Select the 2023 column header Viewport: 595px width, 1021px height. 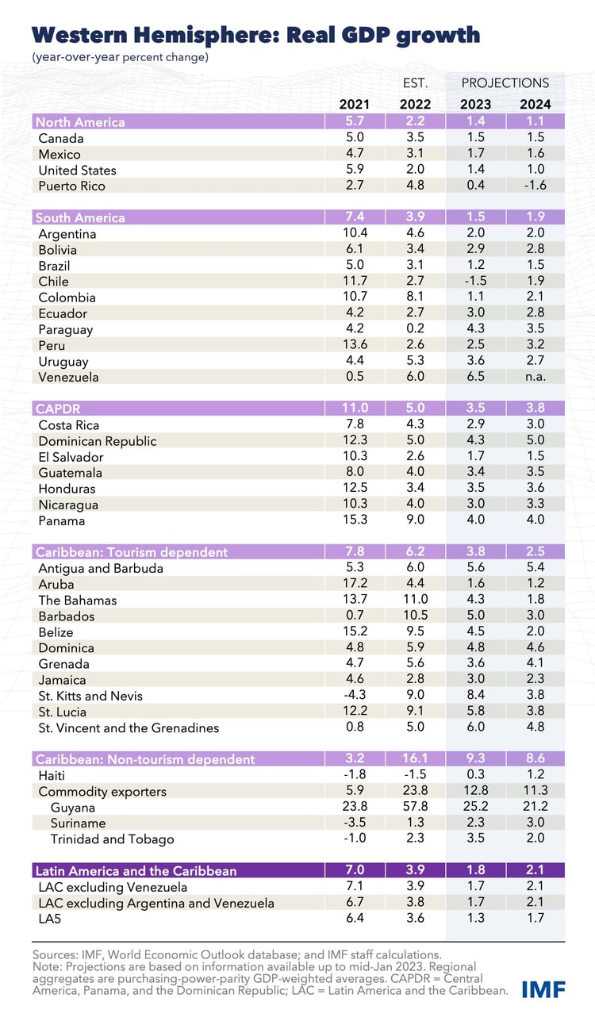(475, 104)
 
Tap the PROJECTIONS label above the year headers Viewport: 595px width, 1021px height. (505, 83)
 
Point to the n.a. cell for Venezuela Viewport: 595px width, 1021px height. (535, 377)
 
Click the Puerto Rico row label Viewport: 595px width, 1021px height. (72, 186)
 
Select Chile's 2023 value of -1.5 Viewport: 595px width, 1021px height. (475, 281)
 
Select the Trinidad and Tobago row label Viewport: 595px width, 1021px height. (112, 839)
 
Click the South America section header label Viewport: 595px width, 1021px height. (80, 217)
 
